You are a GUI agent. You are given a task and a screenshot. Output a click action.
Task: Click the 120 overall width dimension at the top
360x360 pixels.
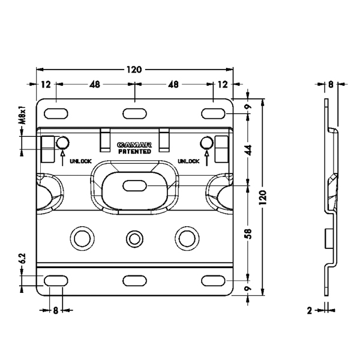134,70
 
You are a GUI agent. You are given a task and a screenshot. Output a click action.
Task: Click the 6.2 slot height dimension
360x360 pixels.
22,259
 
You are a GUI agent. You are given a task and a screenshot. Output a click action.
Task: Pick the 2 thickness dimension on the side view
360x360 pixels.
310,310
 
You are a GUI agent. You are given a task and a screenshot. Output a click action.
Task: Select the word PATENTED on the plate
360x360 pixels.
134,152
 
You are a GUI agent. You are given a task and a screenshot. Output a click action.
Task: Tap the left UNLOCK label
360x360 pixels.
80,161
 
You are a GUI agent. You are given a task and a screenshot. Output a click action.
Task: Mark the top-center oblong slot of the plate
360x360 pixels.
134,112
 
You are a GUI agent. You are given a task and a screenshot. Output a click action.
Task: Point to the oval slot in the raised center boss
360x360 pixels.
134,185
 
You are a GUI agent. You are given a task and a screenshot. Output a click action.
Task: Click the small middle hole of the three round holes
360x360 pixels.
134,236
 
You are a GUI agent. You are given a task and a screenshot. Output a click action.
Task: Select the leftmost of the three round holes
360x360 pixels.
82,236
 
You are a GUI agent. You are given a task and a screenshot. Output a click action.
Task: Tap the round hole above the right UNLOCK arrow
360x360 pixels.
206,143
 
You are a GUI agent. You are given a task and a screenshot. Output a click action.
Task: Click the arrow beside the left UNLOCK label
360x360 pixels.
62,157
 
